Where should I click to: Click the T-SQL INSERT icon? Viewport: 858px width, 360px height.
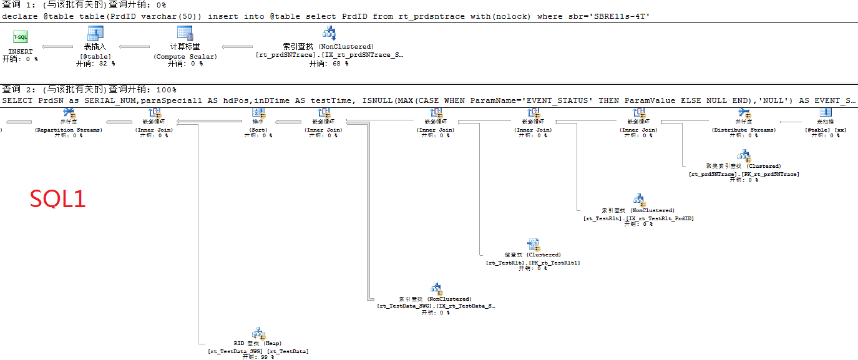(x=20, y=38)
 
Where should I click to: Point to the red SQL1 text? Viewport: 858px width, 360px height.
(x=58, y=199)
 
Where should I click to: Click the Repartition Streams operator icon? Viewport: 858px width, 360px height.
(x=69, y=113)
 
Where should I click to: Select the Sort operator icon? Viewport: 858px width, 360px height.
(x=258, y=113)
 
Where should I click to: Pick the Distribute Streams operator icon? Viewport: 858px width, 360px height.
(x=744, y=113)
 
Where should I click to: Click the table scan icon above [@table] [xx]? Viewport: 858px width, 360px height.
(x=824, y=113)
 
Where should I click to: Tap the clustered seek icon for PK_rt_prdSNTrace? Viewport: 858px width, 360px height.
(x=744, y=155)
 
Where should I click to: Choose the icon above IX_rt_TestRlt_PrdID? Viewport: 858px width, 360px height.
(x=638, y=200)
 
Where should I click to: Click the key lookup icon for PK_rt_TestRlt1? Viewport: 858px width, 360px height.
(x=533, y=244)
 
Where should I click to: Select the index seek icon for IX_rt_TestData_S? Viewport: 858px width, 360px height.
(x=436, y=289)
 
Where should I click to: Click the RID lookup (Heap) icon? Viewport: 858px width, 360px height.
(x=258, y=333)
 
